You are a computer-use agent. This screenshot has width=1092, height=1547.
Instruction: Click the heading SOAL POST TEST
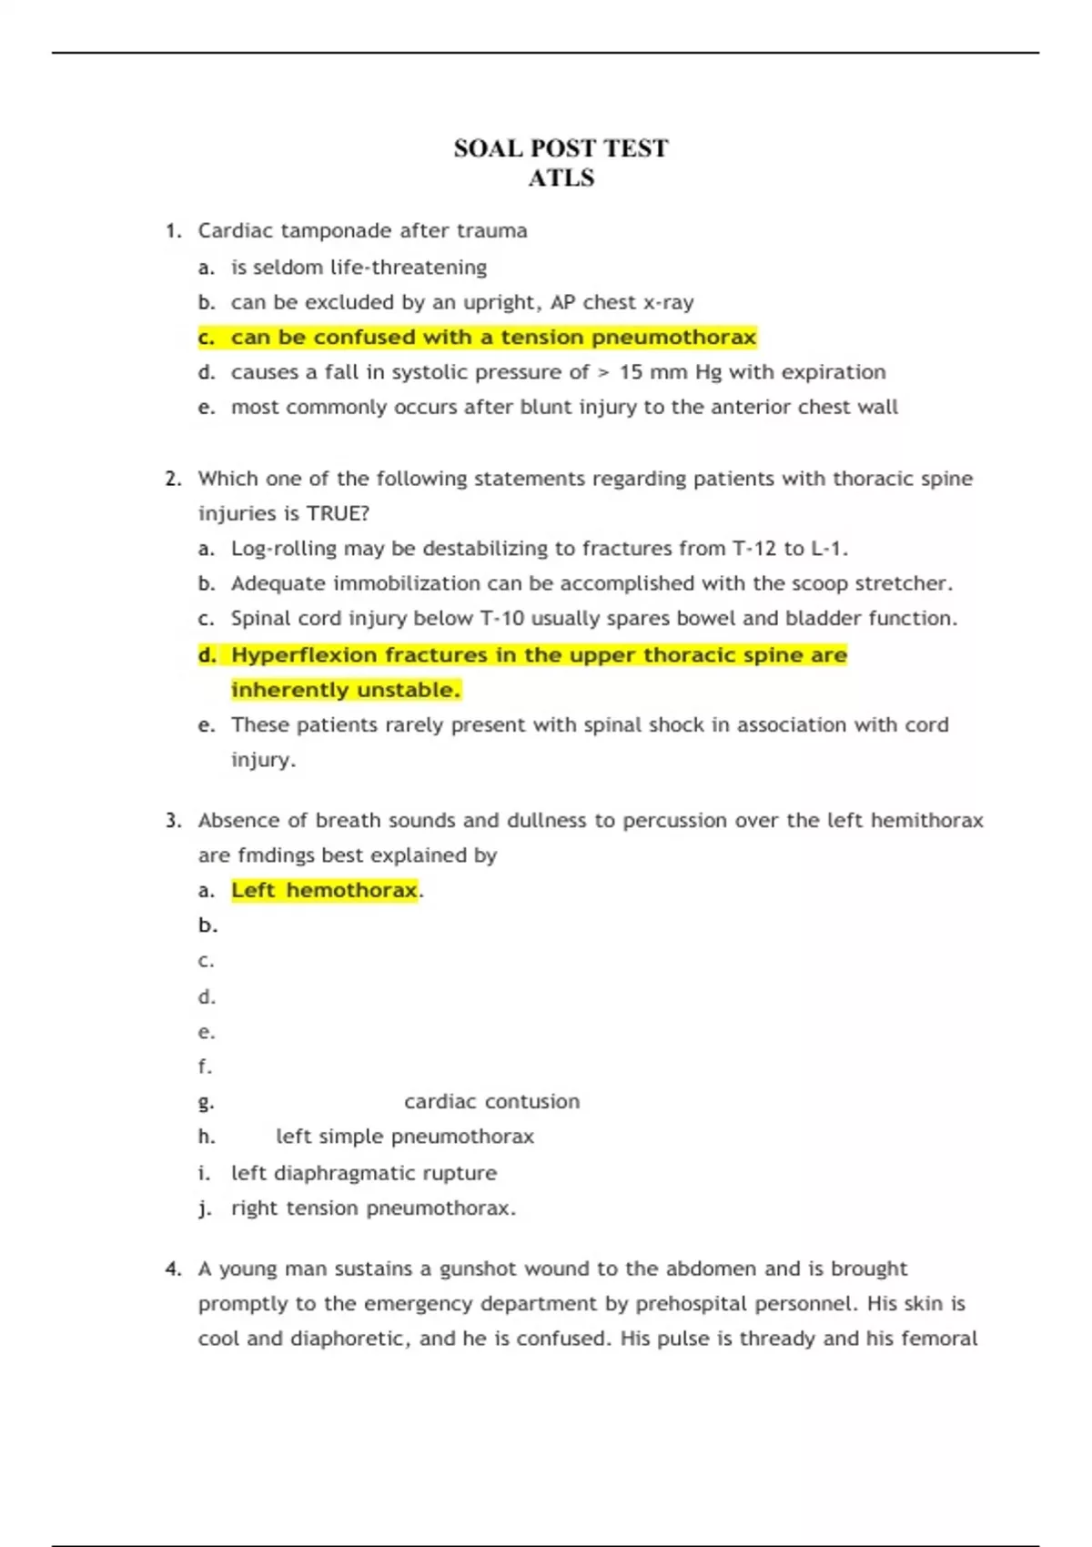[x=561, y=148]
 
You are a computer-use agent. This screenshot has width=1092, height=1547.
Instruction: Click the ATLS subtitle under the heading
[x=561, y=177]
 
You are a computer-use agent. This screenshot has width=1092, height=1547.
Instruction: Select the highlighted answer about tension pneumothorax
[x=492, y=338]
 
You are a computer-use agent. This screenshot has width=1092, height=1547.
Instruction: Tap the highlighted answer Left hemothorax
[x=324, y=890]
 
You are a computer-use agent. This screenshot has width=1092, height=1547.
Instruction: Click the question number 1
[x=173, y=231]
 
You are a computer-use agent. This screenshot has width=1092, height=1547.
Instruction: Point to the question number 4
[x=173, y=1269]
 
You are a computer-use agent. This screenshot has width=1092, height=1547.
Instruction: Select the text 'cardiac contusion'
[x=491, y=1101]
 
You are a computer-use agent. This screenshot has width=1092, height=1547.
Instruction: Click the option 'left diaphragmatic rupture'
[x=363, y=1173]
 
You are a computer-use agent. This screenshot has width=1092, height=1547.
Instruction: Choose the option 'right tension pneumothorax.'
[x=373, y=1208]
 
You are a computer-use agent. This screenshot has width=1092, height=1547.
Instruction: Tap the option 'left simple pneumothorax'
[x=404, y=1137]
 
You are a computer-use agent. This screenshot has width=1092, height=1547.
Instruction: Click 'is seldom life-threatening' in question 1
[x=359, y=268]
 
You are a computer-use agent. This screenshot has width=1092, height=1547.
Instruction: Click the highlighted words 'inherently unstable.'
[x=346, y=690]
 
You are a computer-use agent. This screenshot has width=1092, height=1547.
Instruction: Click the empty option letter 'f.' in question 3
[x=205, y=1066]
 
